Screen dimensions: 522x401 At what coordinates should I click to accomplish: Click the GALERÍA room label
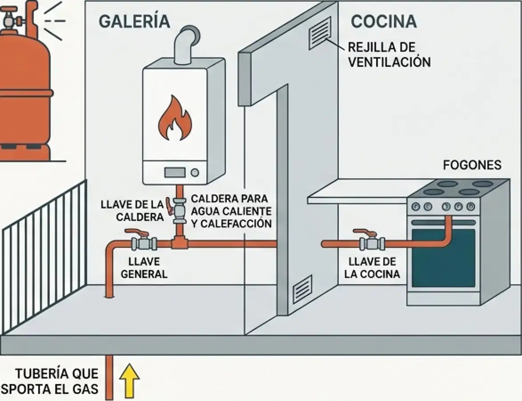click(134, 21)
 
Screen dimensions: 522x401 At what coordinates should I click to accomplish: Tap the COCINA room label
click(384, 21)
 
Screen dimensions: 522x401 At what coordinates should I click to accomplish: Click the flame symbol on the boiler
click(174, 118)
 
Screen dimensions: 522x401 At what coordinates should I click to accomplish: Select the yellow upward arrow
click(129, 381)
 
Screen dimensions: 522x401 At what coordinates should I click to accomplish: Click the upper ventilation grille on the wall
click(320, 33)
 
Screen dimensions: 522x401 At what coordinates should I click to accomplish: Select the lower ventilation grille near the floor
click(302, 288)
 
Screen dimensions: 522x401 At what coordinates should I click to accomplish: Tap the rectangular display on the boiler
click(175, 172)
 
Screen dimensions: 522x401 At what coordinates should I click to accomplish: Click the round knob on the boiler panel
click(195, 172)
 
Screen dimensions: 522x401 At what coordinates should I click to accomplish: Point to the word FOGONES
click(472, 165)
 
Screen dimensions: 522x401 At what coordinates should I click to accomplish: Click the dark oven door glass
click(443, 258)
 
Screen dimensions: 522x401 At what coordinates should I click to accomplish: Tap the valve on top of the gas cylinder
click(12, 20)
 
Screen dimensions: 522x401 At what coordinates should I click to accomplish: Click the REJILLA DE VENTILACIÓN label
click(389, 54)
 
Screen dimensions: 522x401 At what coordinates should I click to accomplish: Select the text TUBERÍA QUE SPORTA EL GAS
click(50, 381)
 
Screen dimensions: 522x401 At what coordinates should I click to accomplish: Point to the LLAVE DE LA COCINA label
click(372, 267)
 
